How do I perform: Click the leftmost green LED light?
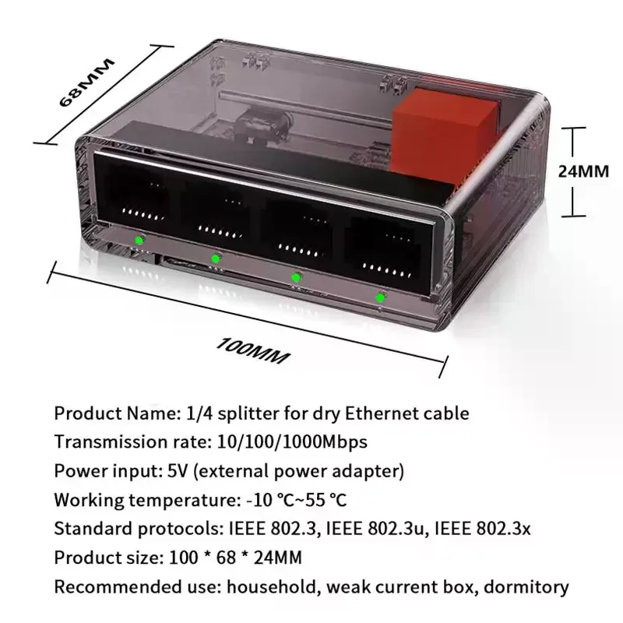click(138, 240)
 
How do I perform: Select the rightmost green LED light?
click(380, 297)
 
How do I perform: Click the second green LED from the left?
click(216, 258)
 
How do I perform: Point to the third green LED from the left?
click(296, 276)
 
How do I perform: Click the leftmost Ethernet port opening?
click(133, 195)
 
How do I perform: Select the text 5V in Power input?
click(178, 471)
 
